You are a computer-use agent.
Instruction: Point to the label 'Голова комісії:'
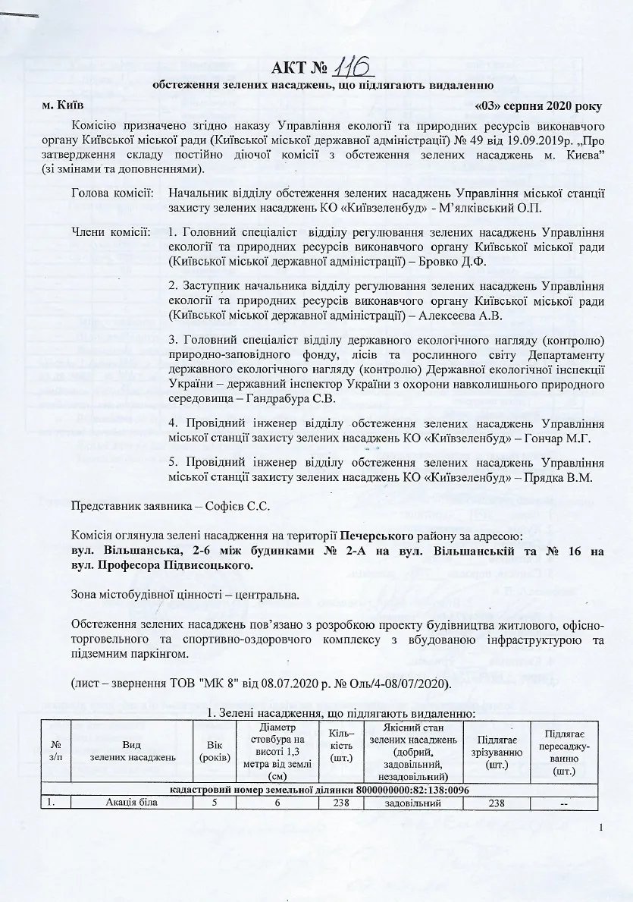tap(112, 193)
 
